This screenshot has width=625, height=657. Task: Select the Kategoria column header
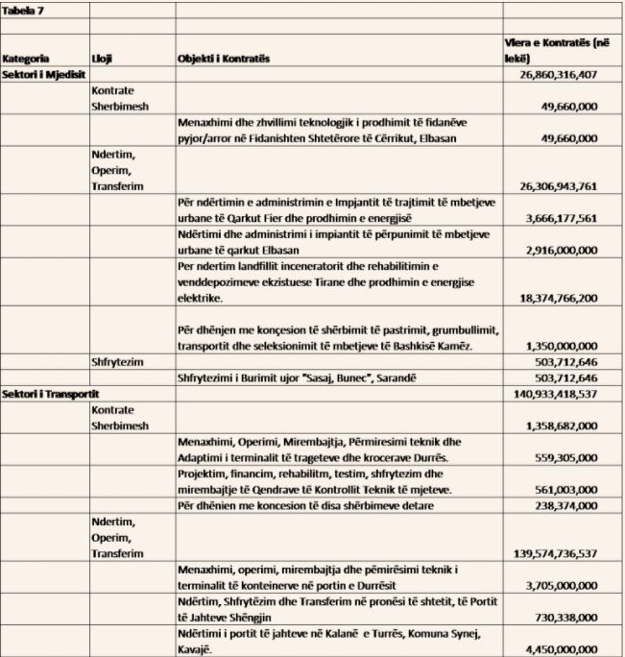[26, 59]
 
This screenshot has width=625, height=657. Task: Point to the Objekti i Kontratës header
[223, 59]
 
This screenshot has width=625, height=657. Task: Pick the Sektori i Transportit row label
[47, 394]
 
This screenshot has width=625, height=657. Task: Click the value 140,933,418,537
[564, 394]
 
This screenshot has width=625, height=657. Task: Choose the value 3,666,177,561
[571, 218]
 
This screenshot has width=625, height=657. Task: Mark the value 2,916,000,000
[571, 249]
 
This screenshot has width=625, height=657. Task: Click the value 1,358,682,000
[571, 425]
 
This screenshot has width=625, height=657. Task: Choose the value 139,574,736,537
[564, 554]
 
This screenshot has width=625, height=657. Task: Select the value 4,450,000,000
[571, 649]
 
